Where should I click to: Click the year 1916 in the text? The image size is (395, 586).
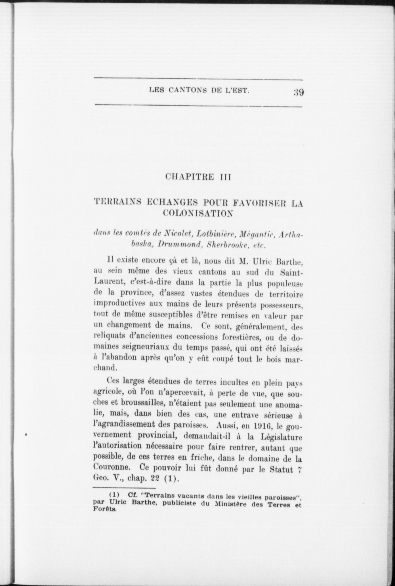[264, 426]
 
